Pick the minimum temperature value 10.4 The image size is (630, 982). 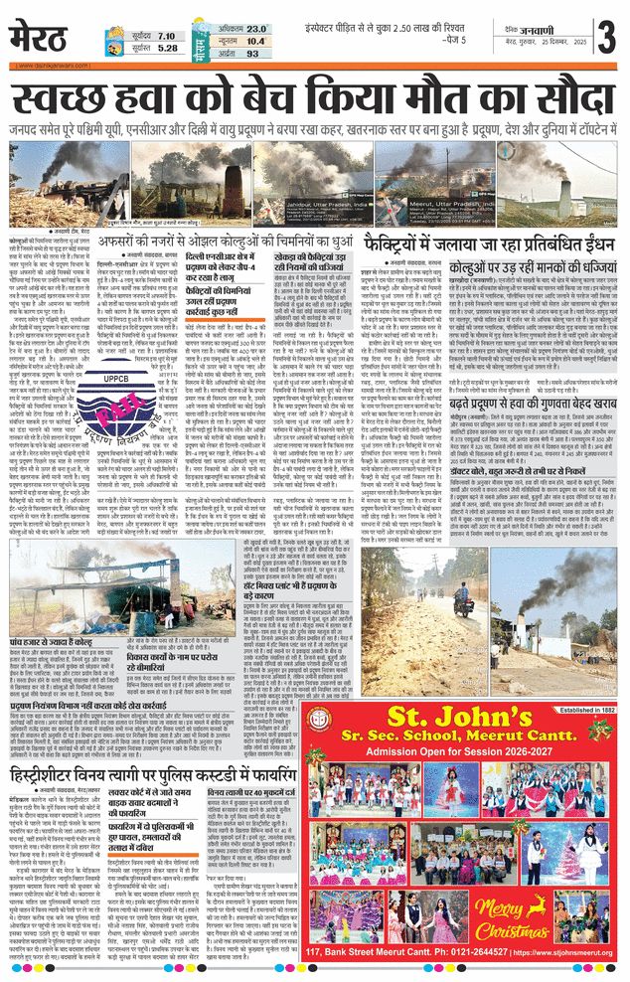tap(257, 42)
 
